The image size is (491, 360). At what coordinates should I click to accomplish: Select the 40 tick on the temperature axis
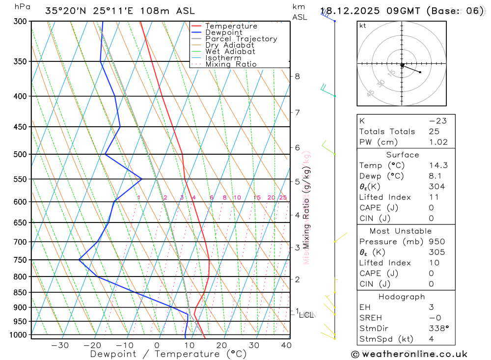(x=286, y=345)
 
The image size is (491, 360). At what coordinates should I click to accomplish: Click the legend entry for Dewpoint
(x=223, y=32)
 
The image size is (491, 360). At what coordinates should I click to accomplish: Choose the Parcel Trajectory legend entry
(x=241, y=39)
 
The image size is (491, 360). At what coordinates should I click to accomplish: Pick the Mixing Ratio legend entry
(x=231, y=64)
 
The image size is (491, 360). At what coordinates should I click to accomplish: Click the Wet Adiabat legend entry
(x=230, y=52)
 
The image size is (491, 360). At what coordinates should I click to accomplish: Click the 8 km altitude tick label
(x=298, y=76)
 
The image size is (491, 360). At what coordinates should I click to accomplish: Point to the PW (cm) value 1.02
(x=438, y=142)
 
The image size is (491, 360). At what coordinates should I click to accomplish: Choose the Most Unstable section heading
(x=401, y=231)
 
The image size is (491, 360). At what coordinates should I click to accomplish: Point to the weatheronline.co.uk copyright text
(x=409, y=354)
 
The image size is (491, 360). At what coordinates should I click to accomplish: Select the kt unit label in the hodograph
(x=363, y=26)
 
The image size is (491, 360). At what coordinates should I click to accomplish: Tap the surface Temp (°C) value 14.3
(x=438, y=166)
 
